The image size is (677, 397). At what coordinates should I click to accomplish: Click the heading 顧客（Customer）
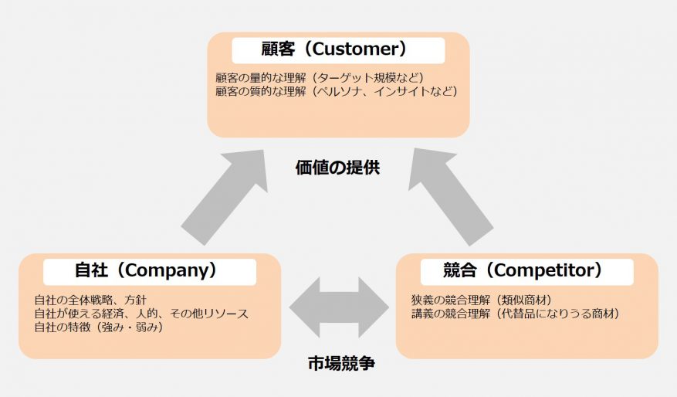click(x=338, y=50)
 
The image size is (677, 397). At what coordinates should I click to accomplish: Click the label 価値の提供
click(x=337, y=167)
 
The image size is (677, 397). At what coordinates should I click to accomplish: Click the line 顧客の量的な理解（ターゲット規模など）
click(x=320, y=78)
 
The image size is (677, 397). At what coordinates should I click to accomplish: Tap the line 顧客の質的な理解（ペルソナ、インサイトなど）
click(x=337, y=91)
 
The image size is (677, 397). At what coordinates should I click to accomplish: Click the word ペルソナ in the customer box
click(x=343, y=91)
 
